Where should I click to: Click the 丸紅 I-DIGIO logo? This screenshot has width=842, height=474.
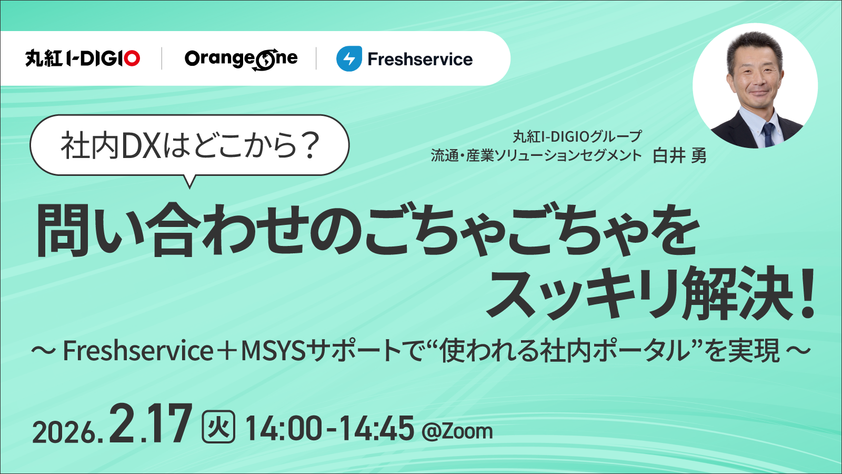(83, 58)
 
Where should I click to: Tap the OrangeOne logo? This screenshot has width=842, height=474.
(241, 59)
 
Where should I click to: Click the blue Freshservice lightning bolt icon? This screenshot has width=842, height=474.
(349, 59)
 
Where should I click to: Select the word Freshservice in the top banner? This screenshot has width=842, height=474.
(420, 60)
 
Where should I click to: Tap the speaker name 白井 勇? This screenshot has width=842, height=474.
(679, 156)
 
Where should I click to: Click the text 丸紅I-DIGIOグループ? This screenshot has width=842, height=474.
(577, 136)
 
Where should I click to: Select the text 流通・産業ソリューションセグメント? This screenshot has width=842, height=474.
(536, 156)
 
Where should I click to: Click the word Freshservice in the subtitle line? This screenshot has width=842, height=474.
(138, 351)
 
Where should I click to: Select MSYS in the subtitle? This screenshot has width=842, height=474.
(273, 351)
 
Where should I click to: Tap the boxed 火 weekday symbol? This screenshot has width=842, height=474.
(218, 427)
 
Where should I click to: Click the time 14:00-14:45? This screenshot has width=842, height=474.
(330, 428)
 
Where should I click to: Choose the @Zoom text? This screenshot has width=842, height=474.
(457, 431)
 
